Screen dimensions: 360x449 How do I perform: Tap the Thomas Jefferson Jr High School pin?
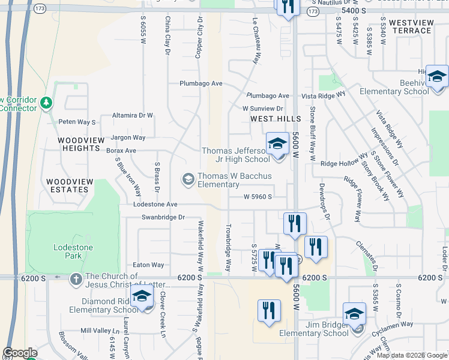coord(277,145)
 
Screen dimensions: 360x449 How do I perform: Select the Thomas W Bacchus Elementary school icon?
coord(188,179)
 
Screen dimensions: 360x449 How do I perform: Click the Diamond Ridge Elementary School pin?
coord(142,297)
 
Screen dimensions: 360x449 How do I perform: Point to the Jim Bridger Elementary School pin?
coord(354,315)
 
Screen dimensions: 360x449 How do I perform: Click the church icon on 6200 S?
coord(76,279)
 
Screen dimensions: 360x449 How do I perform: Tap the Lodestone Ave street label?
coord(155,205)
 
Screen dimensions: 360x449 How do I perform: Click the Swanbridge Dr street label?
coord(162,217)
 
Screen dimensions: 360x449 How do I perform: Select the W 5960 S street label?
coord(258,196)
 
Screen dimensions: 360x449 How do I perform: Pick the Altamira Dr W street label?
coord(133,115)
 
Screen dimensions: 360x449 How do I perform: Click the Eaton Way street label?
coord(148,265)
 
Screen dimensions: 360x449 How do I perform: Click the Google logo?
coord(20,353)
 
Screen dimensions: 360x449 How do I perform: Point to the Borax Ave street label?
coord(121,151)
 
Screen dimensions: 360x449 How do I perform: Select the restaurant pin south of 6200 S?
coord(269,311)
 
